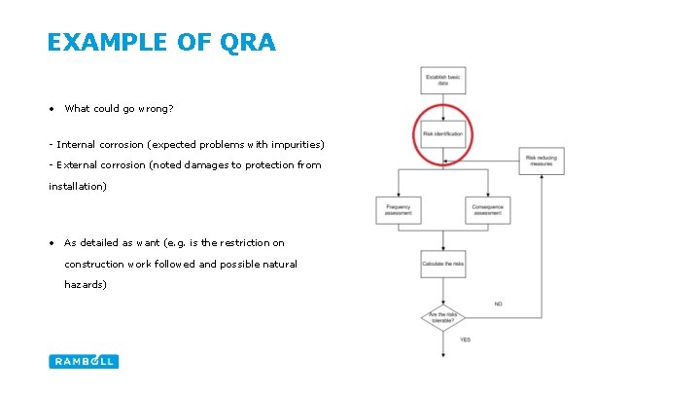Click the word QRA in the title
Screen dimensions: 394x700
click(x=249, y=43)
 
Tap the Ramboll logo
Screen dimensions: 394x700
click(x=84, y=361)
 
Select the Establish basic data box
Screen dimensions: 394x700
click(x=442, y=82)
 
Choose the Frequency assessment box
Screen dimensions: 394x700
click(x=398, y=209)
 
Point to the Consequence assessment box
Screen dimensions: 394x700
click(x=487, y=209)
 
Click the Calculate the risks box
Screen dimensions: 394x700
click(x=442, y=264)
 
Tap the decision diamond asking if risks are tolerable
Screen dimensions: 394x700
click(x=442, y=317)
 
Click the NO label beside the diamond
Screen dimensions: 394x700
click(x=498, y=304)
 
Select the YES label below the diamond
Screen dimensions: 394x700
click(x=465, y=340)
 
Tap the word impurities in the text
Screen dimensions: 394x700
click(x=295, y=145)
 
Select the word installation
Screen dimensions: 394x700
click(x=78, y=186)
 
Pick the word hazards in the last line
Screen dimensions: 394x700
click(x=84, y=285)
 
